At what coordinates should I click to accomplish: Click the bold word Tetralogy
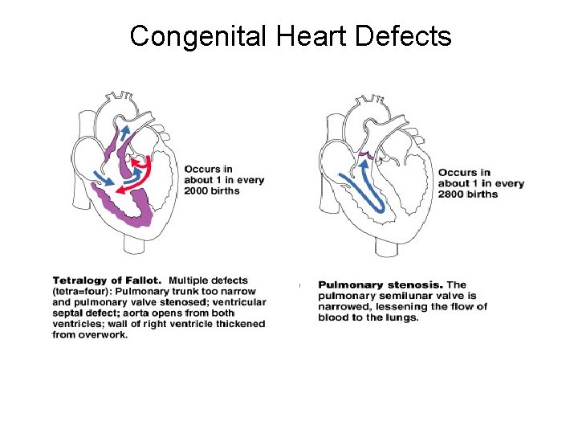pos(83,281)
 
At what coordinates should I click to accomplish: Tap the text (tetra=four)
pos(81,292)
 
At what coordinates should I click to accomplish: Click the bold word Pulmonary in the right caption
pos(348,285)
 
